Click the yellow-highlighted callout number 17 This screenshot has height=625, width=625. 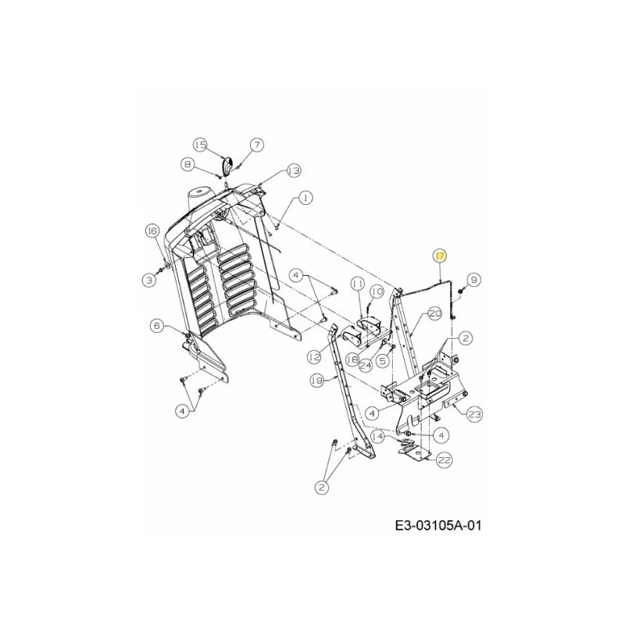tap(440, 256)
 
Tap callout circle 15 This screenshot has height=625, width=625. tap(202, 145)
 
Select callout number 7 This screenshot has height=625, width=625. tap(257, 145)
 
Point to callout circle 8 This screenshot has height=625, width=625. tap(187, 164)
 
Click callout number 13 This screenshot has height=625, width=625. tap(294, 171)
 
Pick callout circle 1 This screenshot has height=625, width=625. tap(305, 198)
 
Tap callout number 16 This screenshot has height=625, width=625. tap(152, 231)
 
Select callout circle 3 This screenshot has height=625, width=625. tap(149, 280)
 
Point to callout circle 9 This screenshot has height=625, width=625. tap(473, 280)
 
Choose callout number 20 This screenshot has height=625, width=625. tap(435, 314)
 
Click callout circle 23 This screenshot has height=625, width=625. tap(474, 414)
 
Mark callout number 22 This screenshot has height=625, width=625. tap(444, 460)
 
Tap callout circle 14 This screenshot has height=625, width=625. tap(377, 437)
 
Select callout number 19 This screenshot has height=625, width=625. tap(317, 380)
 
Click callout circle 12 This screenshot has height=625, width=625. tap(315, 357)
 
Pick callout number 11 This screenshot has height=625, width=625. tap(358, 284)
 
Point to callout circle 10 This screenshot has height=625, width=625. tap(377, 291)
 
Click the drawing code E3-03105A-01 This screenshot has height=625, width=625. tap(438, 526)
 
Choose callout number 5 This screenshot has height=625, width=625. tap(383, 361)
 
